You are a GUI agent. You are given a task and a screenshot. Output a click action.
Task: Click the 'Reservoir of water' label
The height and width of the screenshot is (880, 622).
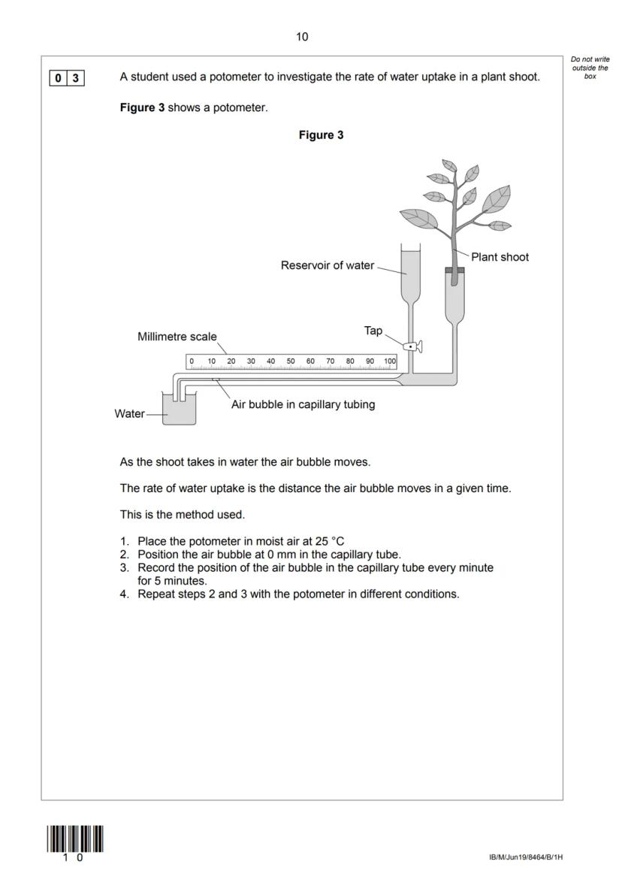327,265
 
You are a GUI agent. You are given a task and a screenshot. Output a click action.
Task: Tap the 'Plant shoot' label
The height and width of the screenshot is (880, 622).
500,257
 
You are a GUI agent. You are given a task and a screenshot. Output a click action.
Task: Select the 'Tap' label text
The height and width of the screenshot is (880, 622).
373,331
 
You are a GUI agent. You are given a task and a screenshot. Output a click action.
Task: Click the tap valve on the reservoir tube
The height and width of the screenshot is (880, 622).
412,346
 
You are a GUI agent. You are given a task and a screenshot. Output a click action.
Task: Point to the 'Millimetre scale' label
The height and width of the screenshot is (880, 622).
177,337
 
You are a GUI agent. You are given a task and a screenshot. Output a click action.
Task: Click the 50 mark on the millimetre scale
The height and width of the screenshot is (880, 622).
291,361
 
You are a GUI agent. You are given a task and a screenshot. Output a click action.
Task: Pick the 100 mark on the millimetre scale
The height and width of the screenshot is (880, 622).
390,361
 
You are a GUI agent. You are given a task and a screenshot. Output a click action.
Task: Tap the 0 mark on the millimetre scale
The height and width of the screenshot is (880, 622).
192,361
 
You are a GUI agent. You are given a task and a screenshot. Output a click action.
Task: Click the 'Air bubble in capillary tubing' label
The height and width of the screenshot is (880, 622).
302,404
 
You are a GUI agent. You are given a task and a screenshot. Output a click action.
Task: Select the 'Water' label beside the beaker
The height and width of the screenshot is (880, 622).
129,413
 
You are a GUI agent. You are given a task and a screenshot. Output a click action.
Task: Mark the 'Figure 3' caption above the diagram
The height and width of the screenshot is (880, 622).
321,135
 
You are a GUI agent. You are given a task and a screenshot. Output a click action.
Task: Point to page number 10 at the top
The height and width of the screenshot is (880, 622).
302,36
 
